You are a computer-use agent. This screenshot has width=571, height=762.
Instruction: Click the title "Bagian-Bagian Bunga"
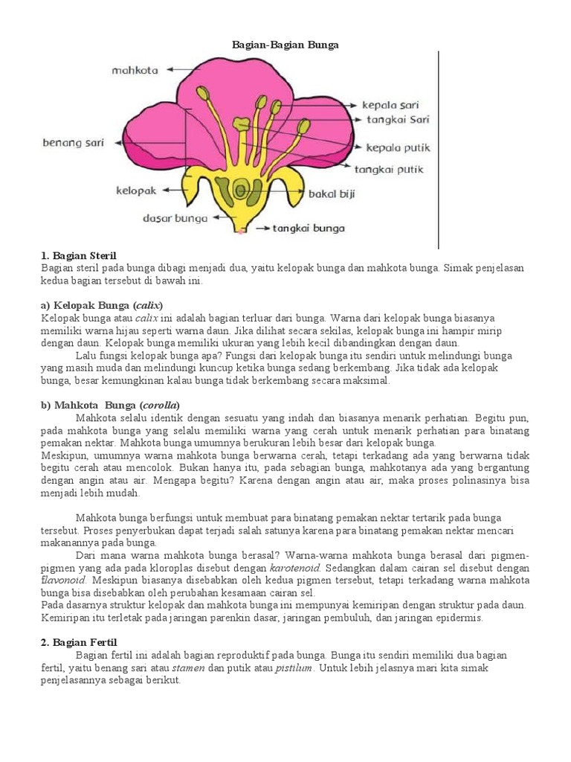point(286,45)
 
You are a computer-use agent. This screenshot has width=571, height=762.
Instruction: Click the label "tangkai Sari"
point(397,119)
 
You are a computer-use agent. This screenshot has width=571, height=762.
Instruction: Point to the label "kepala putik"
point(398,147)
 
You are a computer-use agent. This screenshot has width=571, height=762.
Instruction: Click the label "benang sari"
point(73,142)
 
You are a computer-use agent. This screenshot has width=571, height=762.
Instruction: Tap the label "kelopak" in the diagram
point(136,191)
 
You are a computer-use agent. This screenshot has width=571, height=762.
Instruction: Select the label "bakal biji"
point(332,195)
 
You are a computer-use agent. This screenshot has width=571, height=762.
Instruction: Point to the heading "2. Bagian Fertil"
point(80,641)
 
